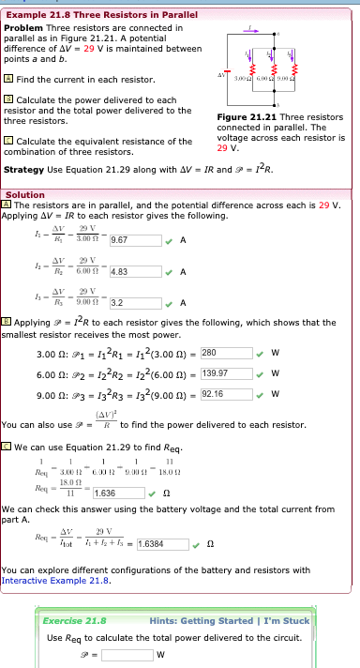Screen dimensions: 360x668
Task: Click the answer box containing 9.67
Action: [x=132, y=240]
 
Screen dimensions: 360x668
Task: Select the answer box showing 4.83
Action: [x=132, y=272]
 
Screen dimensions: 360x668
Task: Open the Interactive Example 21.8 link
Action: [x=56, y=581]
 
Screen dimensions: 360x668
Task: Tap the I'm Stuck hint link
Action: [x=285, y=620]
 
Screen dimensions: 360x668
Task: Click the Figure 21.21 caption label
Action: [x=246, y=117]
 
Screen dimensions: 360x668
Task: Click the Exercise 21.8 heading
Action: [x=76, y=620]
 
